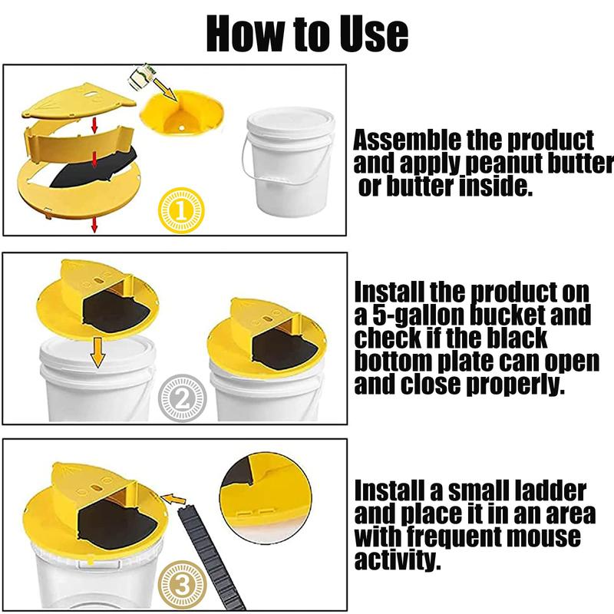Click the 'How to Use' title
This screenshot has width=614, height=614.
pyautogui.click(x=307, y=33)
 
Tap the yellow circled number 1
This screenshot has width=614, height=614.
pyautogui.click(x=180, y=210)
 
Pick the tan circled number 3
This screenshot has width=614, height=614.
pyautogui.click(x=181, y=586)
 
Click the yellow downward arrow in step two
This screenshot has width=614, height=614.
pyautogui.click(x=97, y=353)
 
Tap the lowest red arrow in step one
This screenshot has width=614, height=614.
pyautogui.click(x=94, y=225)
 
